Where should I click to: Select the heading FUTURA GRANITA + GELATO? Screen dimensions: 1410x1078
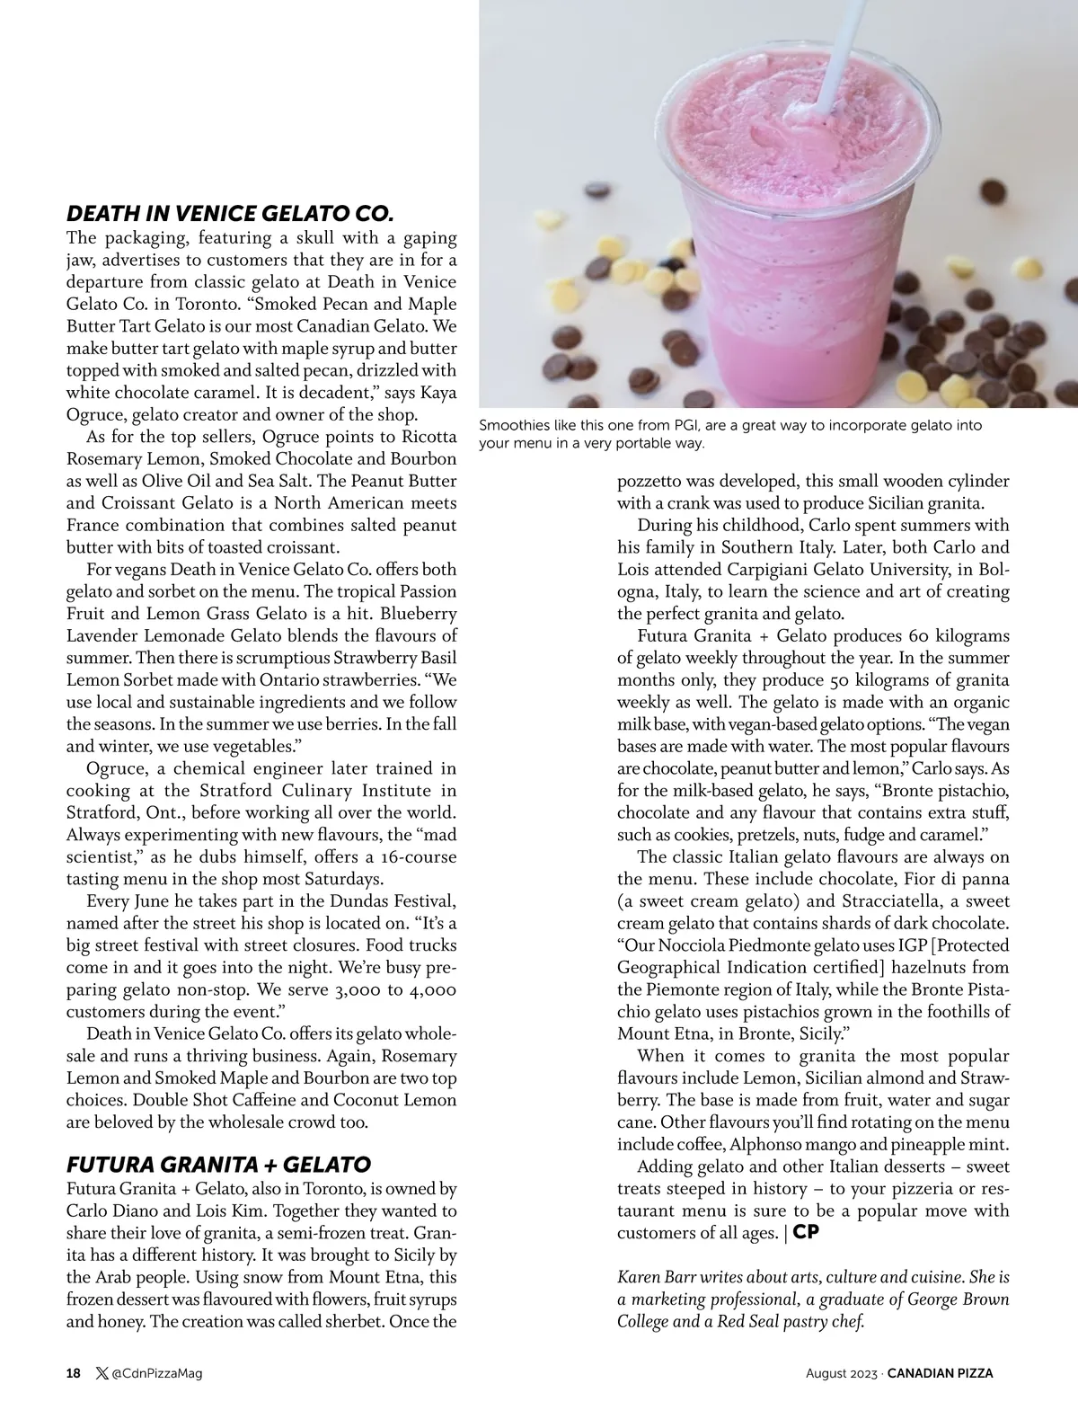[218, 1165]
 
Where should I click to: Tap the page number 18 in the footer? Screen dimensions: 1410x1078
[74, 1372]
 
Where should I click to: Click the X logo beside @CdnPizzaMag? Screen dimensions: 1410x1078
[101, 1372]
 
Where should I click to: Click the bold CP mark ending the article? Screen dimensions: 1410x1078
[806, 1232]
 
